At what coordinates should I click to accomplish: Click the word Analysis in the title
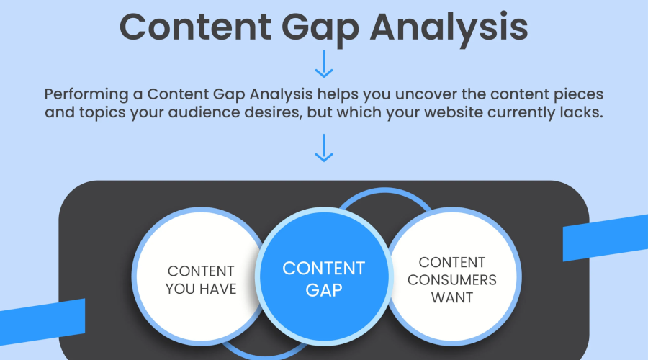tap(449, 27)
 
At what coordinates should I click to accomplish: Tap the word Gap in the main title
tap(320, 29)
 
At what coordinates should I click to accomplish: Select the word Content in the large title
tap(195, 27)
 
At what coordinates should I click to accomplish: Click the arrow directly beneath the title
tap(324, 64)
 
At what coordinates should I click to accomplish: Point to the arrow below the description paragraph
tap(324, 148)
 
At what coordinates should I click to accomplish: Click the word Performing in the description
tap(86, 95)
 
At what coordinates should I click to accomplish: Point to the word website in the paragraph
tap(454, 112)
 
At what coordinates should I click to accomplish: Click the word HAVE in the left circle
tap(218, 289)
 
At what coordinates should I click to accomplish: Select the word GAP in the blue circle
tap(324, 290)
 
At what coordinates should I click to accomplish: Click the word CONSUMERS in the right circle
tap(452, 280)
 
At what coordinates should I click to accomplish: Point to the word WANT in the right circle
tap(452, 297)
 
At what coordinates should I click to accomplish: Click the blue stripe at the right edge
tap(606, 238)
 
